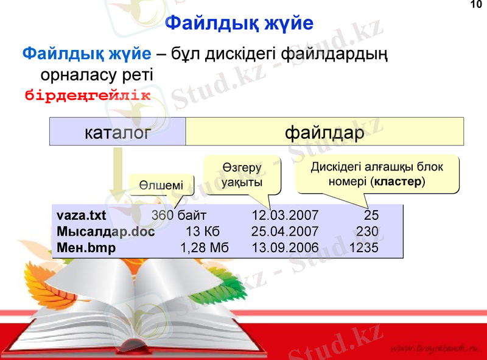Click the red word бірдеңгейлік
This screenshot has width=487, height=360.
point(86,96)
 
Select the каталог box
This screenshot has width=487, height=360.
point(117,132)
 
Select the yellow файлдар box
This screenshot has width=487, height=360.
point(324,132)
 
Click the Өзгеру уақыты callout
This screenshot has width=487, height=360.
point(242,175)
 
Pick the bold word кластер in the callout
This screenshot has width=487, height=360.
point(397,182)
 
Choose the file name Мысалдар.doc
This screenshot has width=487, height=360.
point(105,231)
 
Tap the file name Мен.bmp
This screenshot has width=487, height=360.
point(86,248)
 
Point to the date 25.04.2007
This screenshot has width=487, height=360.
point(285,231)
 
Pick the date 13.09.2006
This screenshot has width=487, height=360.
point(285,248)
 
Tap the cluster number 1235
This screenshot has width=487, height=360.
point(364,248)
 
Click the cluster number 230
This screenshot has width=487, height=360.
point(368,231)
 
